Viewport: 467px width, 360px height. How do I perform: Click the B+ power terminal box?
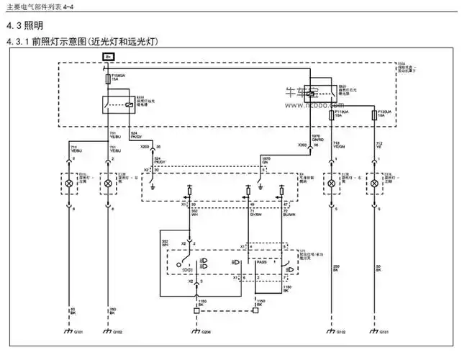point(108,55)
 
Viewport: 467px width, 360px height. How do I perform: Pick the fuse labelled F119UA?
point(331,114)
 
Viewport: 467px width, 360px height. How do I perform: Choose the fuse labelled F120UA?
point(373,114)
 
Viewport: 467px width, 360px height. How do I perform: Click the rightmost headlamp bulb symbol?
point(374,184)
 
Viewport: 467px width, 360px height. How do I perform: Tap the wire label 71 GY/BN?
point(255,214)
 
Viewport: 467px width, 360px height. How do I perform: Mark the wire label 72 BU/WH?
point(289,214)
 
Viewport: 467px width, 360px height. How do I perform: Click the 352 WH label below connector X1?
point(196,214)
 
